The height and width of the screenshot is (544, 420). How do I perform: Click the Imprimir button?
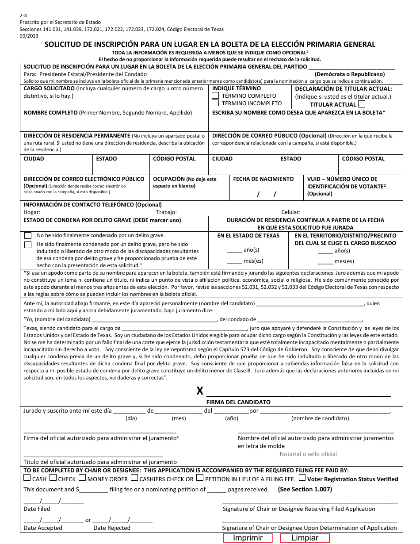click(248, 538)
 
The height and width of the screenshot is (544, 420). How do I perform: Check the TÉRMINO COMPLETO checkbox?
click(216, 96)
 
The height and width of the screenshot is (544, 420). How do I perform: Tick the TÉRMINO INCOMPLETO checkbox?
click(216, 103)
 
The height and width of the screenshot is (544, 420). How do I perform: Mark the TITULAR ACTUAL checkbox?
click(361, 104)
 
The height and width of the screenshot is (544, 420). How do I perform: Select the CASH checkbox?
click(27, 478)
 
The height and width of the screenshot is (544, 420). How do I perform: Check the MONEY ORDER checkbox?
click(82, 478)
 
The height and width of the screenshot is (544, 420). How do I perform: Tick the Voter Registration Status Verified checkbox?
click(302, 478)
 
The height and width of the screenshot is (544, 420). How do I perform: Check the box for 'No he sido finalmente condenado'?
click(28, 236)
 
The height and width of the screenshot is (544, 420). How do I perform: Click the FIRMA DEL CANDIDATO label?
click(238, 402)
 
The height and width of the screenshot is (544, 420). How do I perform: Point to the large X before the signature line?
click(200, 391)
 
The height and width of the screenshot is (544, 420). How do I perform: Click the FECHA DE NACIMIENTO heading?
click(263, 179)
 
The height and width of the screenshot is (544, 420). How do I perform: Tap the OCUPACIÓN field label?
click(169, 179)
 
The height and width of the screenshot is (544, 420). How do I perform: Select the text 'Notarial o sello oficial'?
click(308, 454)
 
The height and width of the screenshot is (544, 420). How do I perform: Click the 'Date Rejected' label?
click(112, 528)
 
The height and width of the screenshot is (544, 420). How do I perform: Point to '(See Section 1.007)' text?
click(305, 489)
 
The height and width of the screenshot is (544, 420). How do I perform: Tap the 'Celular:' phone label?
click(291, 212)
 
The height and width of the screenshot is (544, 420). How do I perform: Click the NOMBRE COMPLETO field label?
click(50, 113)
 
